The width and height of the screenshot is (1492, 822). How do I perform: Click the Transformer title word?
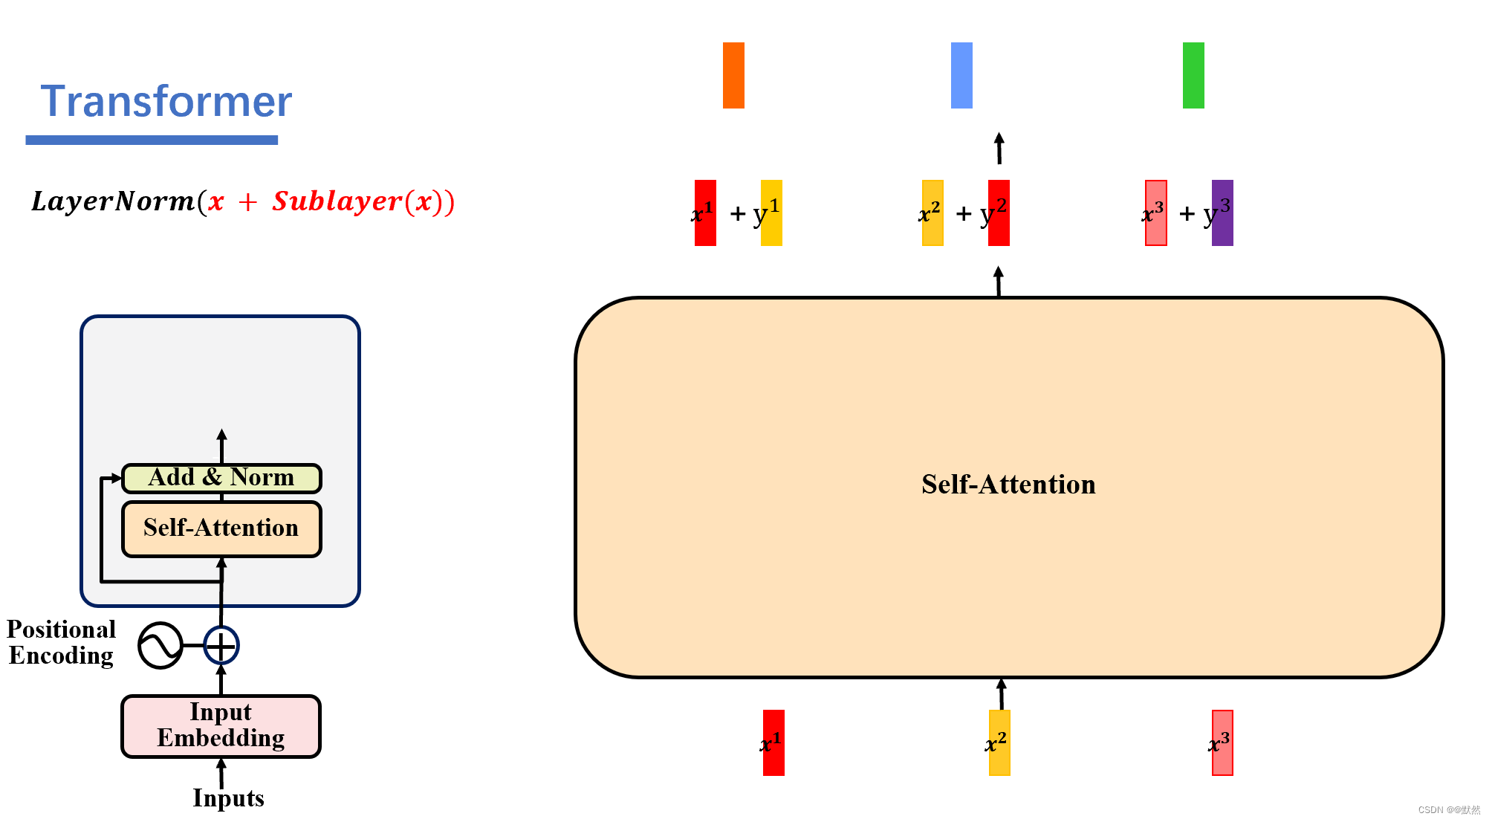(x=166, y=101)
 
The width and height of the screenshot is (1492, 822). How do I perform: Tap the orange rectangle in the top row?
(x=733, y=75)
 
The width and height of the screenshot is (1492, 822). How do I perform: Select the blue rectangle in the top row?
(x=961, y=75)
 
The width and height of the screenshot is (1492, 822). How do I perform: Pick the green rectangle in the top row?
(x=1193, y=75)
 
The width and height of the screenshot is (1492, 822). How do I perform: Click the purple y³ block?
(x=1222, y=213)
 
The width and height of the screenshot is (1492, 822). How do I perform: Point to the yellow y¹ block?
(x=771, y=213)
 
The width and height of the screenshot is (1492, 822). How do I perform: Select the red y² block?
(x=999, y=213)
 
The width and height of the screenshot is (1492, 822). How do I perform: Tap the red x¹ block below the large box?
(x=773, y=742)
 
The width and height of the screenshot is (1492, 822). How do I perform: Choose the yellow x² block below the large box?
(x=999, y=742)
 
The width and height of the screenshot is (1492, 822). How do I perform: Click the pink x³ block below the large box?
(x=1222, y=742)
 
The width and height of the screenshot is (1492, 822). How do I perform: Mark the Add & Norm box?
(x=221, y=478)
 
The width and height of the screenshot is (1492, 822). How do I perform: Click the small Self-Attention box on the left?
(x=221, y=528)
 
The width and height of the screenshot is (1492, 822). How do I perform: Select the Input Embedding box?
(x=221, y=726)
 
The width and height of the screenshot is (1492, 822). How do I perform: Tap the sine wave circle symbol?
(x=160, y=645)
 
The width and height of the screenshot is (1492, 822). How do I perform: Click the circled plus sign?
(x=221, y=645)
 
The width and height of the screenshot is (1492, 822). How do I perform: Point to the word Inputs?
(x=228, y=798)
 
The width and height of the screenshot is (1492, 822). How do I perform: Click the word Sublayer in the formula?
(x=337, y=201)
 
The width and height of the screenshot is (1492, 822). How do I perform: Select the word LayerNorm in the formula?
(x=112, y=201)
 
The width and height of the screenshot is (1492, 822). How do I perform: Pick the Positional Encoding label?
(x=61, y=643)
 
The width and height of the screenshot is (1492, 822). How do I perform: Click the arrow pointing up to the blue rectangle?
(x=999, y=148)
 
